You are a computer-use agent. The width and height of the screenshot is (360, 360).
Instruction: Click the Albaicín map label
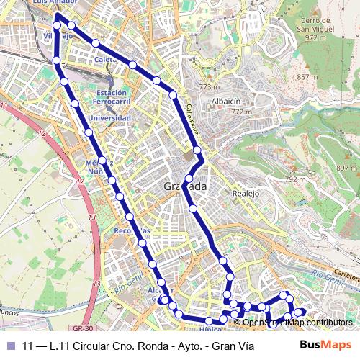pyautogui.click(x=225, y=102)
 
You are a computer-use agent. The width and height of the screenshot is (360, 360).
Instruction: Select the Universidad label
pyautogui.click(x=109, y=117)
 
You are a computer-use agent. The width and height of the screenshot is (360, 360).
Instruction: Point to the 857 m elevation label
pyautogui.click(x=307, y=77)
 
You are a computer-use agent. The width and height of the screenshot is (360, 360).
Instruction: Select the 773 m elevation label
pyautogui.click(x=209, y=86)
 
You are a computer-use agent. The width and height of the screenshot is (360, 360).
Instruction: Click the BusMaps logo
pyautogui.click(x=325, y=345)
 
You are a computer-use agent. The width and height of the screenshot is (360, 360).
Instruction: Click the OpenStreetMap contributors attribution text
pyautogui.click(x=297, y=322)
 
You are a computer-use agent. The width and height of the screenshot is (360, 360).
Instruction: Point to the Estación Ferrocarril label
pyautogui.click(x=112, y=97)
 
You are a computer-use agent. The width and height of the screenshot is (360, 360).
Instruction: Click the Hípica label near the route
pyautogui.click(x=208, y=329)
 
